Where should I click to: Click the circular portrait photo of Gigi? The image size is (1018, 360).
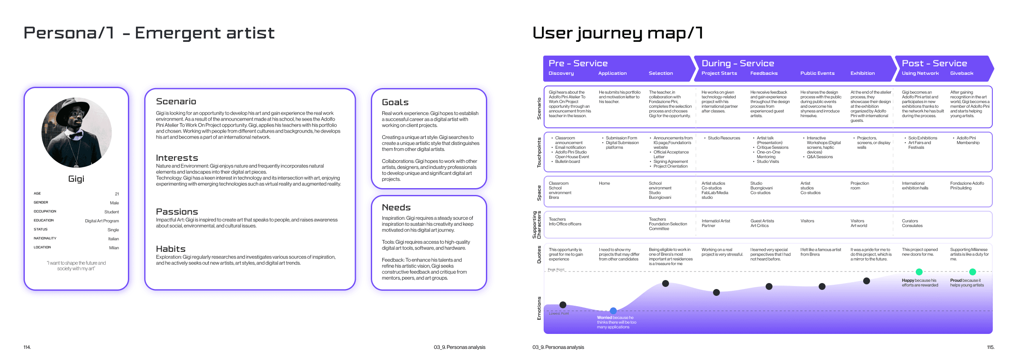pos(77,133)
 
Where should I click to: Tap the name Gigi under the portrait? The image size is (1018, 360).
pos(76,179)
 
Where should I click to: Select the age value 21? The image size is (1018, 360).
pos(117,194)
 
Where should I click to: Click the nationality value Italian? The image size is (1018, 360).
pos(113,239)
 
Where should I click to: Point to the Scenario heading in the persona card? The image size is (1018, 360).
pos(176,101)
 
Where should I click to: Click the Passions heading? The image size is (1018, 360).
pos(177,212)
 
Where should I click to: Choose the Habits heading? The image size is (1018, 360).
pos(171,249)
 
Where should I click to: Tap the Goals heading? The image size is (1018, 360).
pos(395,102)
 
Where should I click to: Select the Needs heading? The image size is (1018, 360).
pos(396,207)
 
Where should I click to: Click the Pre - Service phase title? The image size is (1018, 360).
pos(578,63)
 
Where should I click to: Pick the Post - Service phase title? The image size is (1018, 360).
pos(934,63)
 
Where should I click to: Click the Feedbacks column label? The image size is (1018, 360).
pos(764,74)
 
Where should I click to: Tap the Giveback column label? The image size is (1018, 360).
pos(962,74)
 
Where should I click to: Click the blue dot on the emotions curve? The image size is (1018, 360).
pos(613,311)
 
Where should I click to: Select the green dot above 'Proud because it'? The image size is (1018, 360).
pos(972,272)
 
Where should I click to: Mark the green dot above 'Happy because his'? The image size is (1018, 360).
pos(919,272)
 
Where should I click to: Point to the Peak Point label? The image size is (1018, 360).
pos(556,270)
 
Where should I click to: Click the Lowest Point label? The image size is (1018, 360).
pos(559,313)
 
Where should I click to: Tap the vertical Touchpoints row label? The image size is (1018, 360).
pos(539,152)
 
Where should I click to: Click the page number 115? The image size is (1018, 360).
pos(991,347)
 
